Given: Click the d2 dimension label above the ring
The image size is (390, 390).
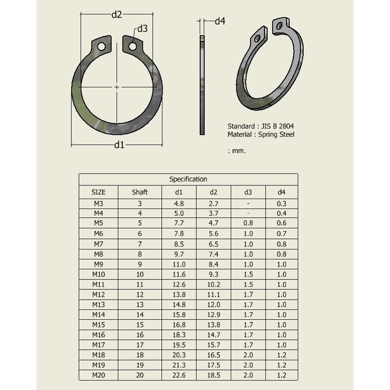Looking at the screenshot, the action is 117,14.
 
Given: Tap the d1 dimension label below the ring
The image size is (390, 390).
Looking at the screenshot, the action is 119,144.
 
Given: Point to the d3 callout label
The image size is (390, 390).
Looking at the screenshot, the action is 142,29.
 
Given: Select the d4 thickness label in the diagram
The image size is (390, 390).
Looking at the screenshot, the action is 220,21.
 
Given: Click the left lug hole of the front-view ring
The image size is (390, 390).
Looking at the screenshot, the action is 101,46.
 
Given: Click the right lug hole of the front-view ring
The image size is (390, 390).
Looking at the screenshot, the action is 133,46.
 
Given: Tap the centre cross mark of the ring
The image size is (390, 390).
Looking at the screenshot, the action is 117,87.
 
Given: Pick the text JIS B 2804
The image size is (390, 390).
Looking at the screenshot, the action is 277,126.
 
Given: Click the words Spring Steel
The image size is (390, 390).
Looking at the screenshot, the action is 277,134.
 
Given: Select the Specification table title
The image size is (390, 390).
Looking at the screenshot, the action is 188,179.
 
